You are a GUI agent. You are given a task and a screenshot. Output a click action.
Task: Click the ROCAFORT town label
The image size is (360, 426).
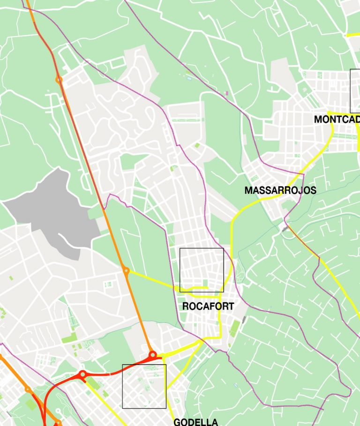(x=208, y=306)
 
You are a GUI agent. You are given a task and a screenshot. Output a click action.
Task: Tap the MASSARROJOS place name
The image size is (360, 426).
(x=280, y=190)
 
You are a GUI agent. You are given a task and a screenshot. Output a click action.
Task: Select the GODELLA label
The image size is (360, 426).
(x=195, y=422)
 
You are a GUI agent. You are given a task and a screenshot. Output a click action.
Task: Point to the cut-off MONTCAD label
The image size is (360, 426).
(x=337, y=119)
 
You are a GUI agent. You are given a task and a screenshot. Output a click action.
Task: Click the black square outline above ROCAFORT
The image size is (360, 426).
(x=202, y=270)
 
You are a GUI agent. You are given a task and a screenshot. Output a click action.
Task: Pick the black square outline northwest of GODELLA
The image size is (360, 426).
(x=144, y=386)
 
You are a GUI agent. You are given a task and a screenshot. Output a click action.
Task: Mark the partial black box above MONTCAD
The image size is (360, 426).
(x=355, y=91)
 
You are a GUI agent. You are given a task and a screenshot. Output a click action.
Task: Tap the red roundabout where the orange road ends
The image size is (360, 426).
(x=152, y=354)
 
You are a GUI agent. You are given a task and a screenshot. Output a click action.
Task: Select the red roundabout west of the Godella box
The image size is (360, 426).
(x=82, y=374)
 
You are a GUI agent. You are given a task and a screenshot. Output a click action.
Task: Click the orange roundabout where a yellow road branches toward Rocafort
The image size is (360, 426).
(x=126, y=270)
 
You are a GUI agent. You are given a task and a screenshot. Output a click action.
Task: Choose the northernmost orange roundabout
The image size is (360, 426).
(x=59, y=80)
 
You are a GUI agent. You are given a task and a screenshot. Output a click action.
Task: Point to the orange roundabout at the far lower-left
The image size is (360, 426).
(x=28, y=389)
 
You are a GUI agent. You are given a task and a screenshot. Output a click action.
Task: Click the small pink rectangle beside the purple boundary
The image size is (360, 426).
(x=227, y=93)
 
